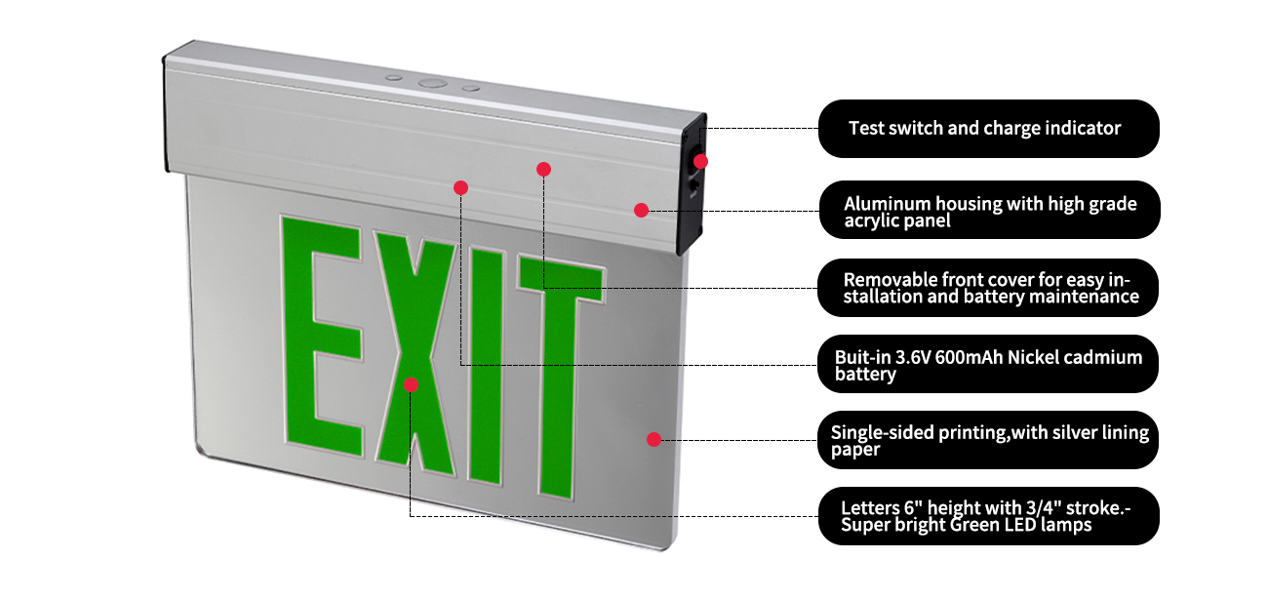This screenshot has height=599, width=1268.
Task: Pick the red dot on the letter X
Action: pos(411,384)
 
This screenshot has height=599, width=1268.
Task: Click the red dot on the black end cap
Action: pos(700,161)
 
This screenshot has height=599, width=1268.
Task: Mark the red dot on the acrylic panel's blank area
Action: pos(654,439)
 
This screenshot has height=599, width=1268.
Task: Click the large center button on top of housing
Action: pos(430,84)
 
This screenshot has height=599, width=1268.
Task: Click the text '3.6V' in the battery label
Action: pos(912,357)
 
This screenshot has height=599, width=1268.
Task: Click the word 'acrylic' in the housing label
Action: pos(872,221)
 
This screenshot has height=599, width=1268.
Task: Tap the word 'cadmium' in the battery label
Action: pos(1104,357)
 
